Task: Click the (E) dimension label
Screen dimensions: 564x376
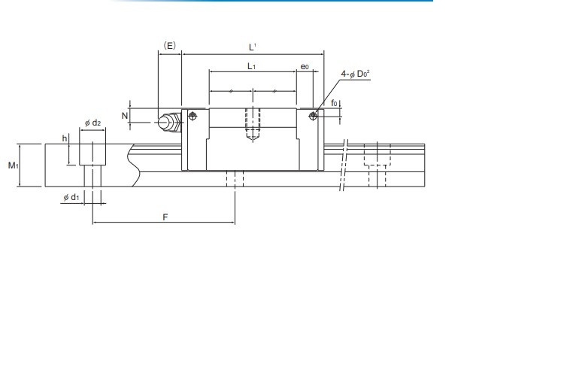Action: [169, 46]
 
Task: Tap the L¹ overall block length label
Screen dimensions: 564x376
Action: [253, 47]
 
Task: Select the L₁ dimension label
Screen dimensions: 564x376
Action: [251, 66]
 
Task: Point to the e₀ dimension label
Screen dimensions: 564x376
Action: [305, 67]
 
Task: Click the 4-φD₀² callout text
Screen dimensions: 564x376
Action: [356, 74]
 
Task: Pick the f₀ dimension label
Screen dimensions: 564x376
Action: [334, 103]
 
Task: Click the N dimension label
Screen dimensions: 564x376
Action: [125, 116]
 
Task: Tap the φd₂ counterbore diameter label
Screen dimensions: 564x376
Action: [92, 123]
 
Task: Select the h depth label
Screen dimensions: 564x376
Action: [65, 138]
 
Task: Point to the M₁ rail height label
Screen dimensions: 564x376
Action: [13, 165]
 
